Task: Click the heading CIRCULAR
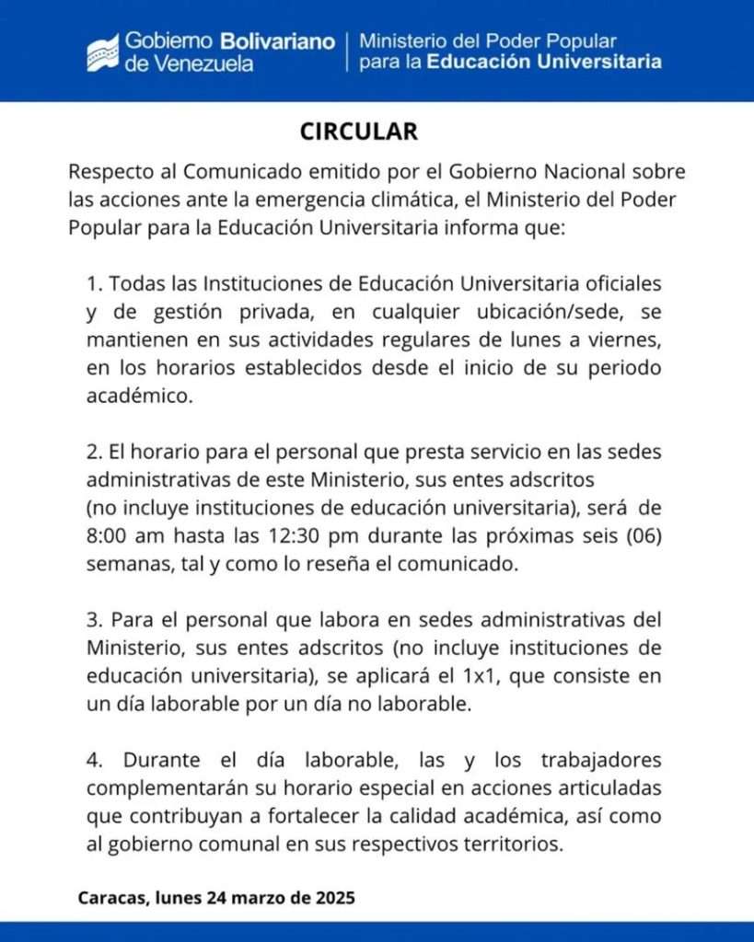coord(359,132)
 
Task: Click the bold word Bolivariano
coord(277,41)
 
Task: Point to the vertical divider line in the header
coord(347,52)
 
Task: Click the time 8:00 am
coord(124,536)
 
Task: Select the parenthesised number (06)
coord(640,536)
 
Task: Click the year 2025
coord(332,896)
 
